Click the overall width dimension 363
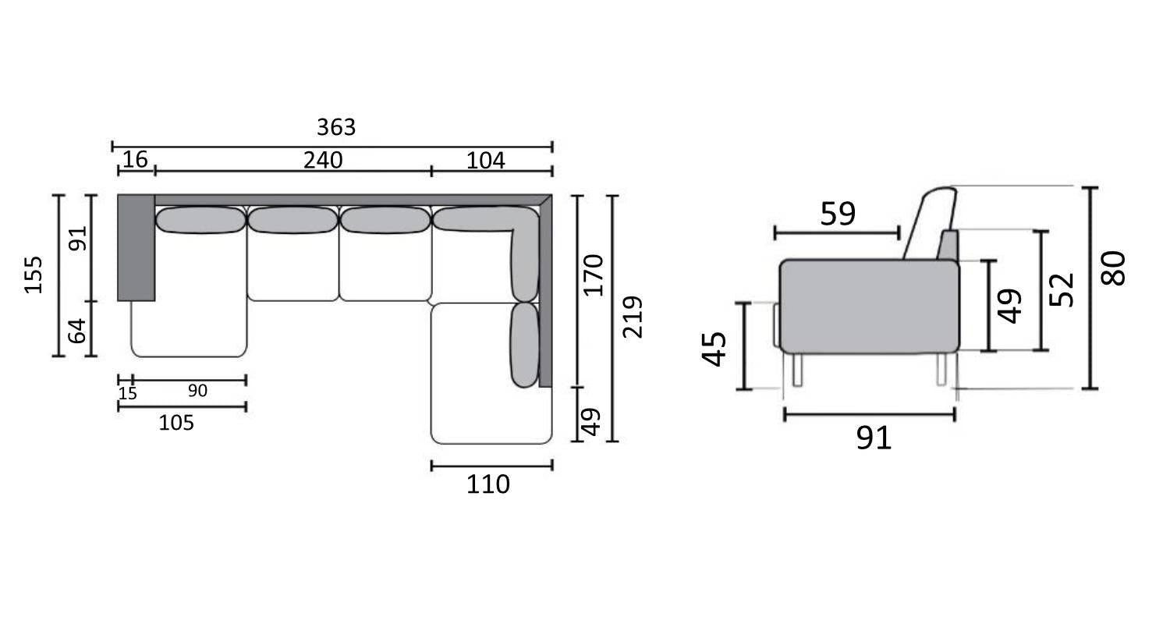coord(336,127)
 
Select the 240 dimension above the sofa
coord(323,161)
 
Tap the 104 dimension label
coord(485,161)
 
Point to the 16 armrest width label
coord(135,159)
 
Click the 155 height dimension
coord(33,275)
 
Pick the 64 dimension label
coord(77,331)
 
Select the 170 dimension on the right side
coord(594,275)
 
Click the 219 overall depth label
coord(632,317)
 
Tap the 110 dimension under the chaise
coord(487,484)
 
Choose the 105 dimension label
coord(176,423)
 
